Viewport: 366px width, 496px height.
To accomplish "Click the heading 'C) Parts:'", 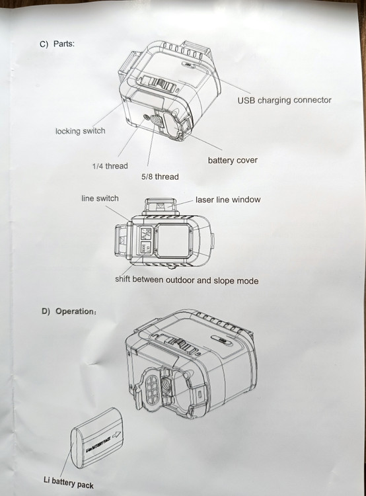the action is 57,44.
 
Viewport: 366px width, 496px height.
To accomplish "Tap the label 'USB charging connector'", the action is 285,101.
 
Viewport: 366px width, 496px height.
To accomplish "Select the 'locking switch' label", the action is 81,131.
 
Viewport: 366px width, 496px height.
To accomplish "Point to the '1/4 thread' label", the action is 110,166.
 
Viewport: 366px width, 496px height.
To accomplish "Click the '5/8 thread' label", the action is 160,177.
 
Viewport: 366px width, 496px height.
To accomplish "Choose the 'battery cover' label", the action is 233,160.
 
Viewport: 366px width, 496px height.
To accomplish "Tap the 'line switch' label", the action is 100,198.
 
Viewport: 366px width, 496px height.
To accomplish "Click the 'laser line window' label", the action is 228,200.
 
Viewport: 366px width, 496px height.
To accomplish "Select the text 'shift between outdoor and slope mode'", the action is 186,280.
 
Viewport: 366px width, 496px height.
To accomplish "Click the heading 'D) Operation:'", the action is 69,311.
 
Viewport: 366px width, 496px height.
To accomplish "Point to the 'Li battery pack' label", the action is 69,483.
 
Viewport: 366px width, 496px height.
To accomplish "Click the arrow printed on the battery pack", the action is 117,435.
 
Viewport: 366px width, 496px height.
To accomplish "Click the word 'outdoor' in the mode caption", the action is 180,280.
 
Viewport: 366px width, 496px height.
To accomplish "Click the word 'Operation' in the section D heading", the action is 75,311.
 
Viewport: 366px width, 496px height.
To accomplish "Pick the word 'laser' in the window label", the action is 205,200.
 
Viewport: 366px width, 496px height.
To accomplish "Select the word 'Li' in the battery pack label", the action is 47,479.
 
